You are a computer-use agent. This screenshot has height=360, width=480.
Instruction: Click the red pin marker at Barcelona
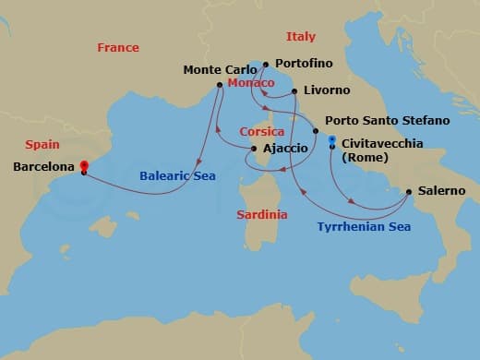tap(83, 162)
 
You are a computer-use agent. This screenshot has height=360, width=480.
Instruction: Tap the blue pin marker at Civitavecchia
tap(332, 139)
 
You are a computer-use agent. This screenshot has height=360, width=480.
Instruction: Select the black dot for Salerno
tap(408, 192)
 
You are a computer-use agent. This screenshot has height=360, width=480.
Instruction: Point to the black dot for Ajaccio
tap(254, 149)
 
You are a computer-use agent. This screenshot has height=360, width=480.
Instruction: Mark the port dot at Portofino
tap(266, 65)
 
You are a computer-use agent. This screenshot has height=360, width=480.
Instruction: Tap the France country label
tap(118, 47)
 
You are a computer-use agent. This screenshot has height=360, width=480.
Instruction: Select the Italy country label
tap(301, 37)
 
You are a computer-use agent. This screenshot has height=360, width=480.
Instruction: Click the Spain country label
tap(42, 145)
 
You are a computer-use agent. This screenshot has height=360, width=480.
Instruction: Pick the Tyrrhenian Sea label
tap(364, 226)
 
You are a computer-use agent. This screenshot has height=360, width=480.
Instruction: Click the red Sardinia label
tap(259, 214)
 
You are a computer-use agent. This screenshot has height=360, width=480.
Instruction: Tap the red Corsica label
tap(262, 132)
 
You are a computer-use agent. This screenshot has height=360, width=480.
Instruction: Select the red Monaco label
tap(249, 83)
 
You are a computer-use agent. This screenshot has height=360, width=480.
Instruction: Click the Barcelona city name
tap(42, 167)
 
